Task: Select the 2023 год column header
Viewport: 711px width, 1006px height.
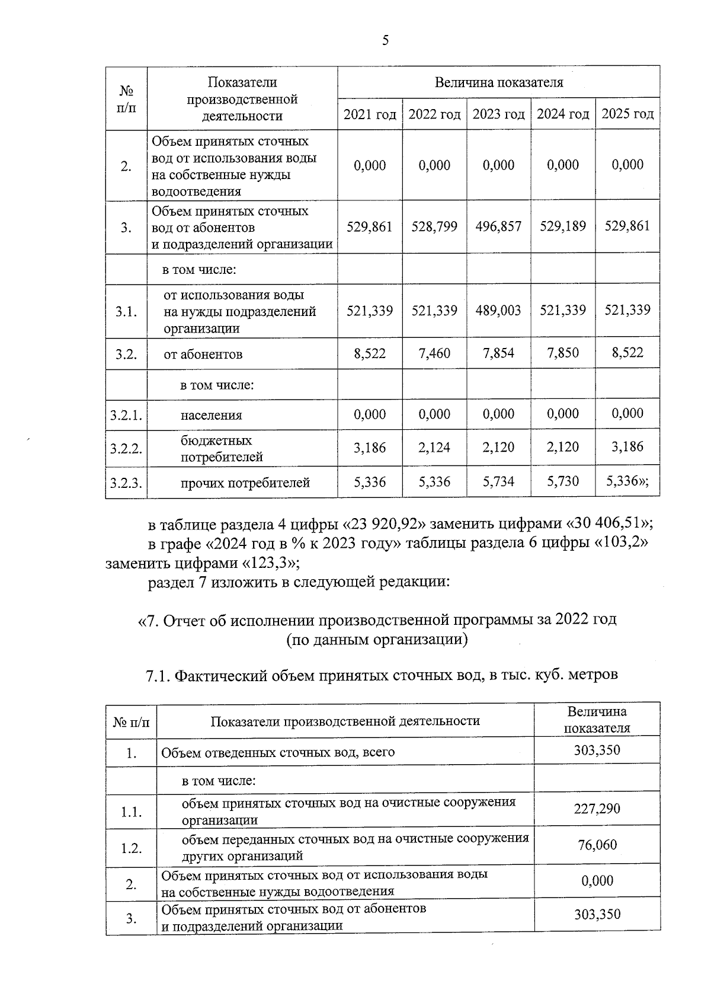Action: pyautogui.click(x=498, y=114)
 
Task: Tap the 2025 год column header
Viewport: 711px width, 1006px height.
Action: pyautogui.click(x=627, y=114)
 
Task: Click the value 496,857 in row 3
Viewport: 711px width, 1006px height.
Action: pyautogui.click(x=498, y=226)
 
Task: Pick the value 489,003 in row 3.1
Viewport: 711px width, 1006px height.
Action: pyautogui.click(x=498, y=311)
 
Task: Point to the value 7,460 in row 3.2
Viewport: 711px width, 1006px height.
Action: pyautogui.click(x=434, y=354)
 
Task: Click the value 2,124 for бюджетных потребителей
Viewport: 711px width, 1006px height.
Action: pyautogui.click(x=434, y=448)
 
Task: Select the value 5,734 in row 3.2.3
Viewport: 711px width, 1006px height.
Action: pyautogui.click(x=498, y=483)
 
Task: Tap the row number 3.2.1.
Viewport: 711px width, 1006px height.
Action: pyautogui.click(x=126, y=415)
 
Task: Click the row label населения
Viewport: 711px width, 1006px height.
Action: pyautogui.click(x=211, y=416)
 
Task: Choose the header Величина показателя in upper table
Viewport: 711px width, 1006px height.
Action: pyautogui.click(x=498, y=82)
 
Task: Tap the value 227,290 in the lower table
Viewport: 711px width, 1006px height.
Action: pyautogui.click(x=597, y=809)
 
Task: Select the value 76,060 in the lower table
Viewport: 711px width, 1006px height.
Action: pyautogui.click(x=597, y=845)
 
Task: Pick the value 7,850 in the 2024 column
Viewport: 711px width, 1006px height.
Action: pyautogui.click(x=562, y=354)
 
